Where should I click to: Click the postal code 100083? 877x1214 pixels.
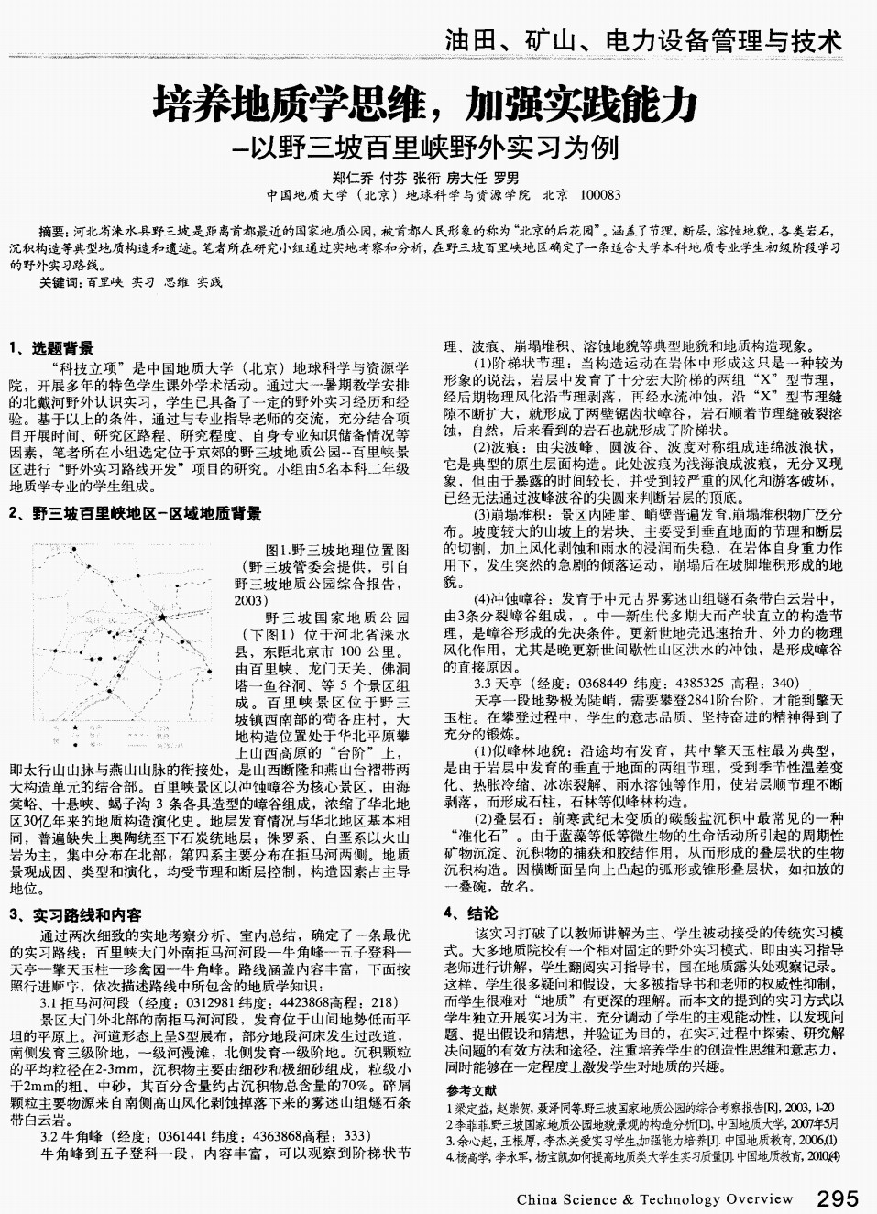click(x=601, y=195)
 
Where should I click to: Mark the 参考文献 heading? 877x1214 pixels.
click(x=473, y=1090)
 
